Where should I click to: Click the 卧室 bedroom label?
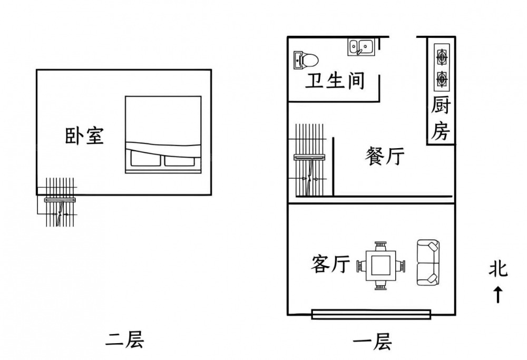point(84,136)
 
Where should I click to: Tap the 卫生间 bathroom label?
point(336,81)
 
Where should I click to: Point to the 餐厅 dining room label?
point(385,156)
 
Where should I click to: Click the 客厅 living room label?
point(330,264)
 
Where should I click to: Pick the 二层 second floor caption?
point(125,340)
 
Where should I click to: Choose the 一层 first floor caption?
point(372,343)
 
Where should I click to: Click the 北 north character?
point(497,269)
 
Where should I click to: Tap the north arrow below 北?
point(497,294)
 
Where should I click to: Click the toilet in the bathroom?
point(306,60)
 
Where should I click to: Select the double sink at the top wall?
point(361,47)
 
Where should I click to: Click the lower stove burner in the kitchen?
point(441,79)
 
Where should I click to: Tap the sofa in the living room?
point(427,263)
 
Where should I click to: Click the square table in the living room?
point(380,265)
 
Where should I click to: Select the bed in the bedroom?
point(163,134)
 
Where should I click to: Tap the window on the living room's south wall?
point(372,315)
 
